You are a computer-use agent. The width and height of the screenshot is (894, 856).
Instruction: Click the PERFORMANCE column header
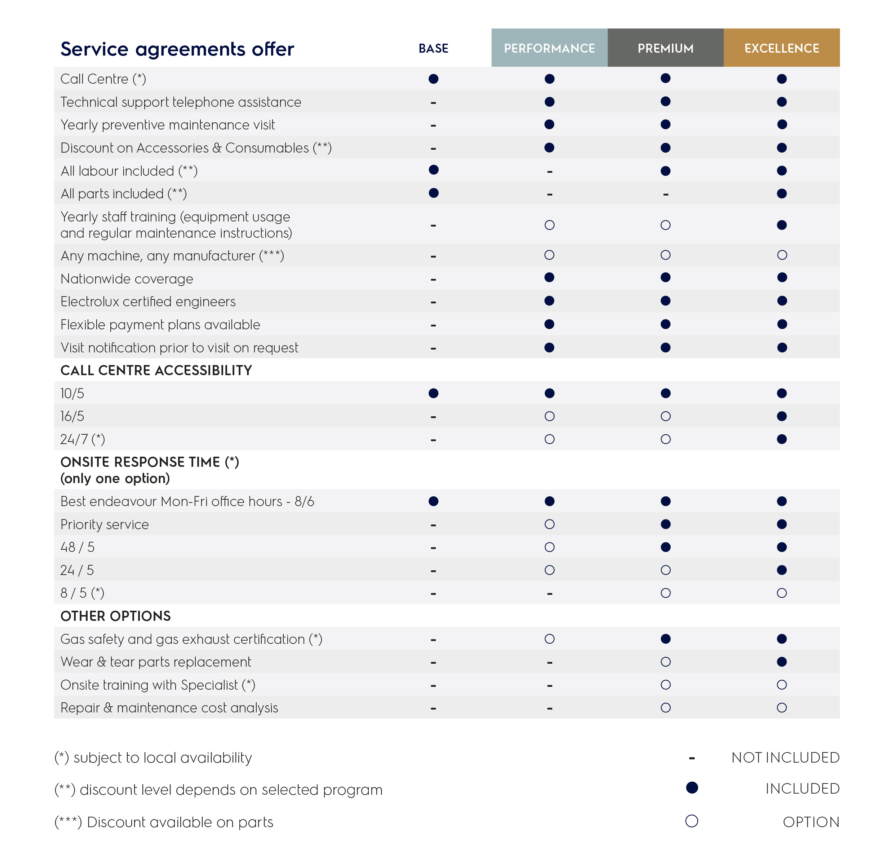549,48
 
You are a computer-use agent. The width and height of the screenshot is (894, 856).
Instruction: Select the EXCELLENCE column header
782,48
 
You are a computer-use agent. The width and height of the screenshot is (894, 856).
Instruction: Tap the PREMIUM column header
665,48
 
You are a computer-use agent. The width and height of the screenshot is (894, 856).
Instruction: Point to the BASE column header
433,48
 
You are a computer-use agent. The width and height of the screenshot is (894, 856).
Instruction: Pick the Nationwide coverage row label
127,278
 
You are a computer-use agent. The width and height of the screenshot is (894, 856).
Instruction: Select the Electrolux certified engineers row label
148,301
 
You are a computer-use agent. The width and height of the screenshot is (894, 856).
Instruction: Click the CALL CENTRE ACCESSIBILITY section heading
156,370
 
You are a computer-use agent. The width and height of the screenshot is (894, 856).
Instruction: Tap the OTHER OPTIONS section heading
115,616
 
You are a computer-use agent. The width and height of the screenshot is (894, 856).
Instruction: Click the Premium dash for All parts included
665,194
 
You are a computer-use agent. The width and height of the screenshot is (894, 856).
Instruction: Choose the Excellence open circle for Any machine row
782,255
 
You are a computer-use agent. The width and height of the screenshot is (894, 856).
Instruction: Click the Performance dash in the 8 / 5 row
549,594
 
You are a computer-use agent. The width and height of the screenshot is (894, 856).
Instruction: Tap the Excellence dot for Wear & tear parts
782,662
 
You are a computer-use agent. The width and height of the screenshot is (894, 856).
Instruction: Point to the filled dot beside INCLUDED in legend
691,787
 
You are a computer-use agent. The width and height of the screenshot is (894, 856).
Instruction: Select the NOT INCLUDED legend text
785,758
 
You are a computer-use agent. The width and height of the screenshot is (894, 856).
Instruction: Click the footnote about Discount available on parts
164,822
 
